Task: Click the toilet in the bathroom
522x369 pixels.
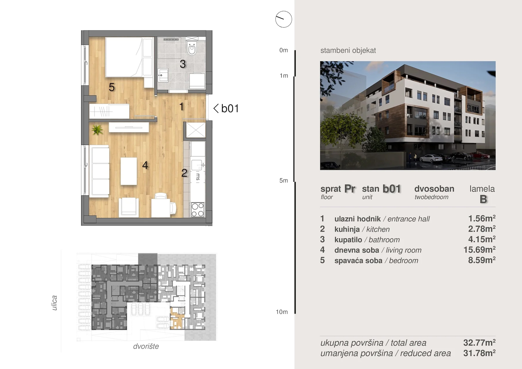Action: point(192,48)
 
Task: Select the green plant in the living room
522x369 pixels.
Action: point(97,130)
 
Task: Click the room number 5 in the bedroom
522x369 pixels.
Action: point(112,87)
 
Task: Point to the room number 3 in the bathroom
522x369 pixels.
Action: point(182,64)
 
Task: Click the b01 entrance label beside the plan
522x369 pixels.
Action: point(226,108)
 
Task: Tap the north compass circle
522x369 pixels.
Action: point(284,19)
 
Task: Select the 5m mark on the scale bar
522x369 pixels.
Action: point(284,181)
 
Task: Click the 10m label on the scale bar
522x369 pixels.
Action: point(282,312)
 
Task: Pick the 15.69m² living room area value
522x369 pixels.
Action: point(479,250)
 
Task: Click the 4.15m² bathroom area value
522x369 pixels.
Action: point(482,239)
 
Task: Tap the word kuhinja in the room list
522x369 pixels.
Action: point(347,229)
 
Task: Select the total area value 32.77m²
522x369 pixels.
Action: point(479,343)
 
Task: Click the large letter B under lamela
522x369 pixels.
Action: point(483,199)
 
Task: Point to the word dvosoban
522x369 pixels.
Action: point(434,189)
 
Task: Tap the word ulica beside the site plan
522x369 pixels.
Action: point(54,303)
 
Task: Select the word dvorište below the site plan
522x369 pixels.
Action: point(146,346)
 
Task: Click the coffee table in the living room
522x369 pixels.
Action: point(129,171)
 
